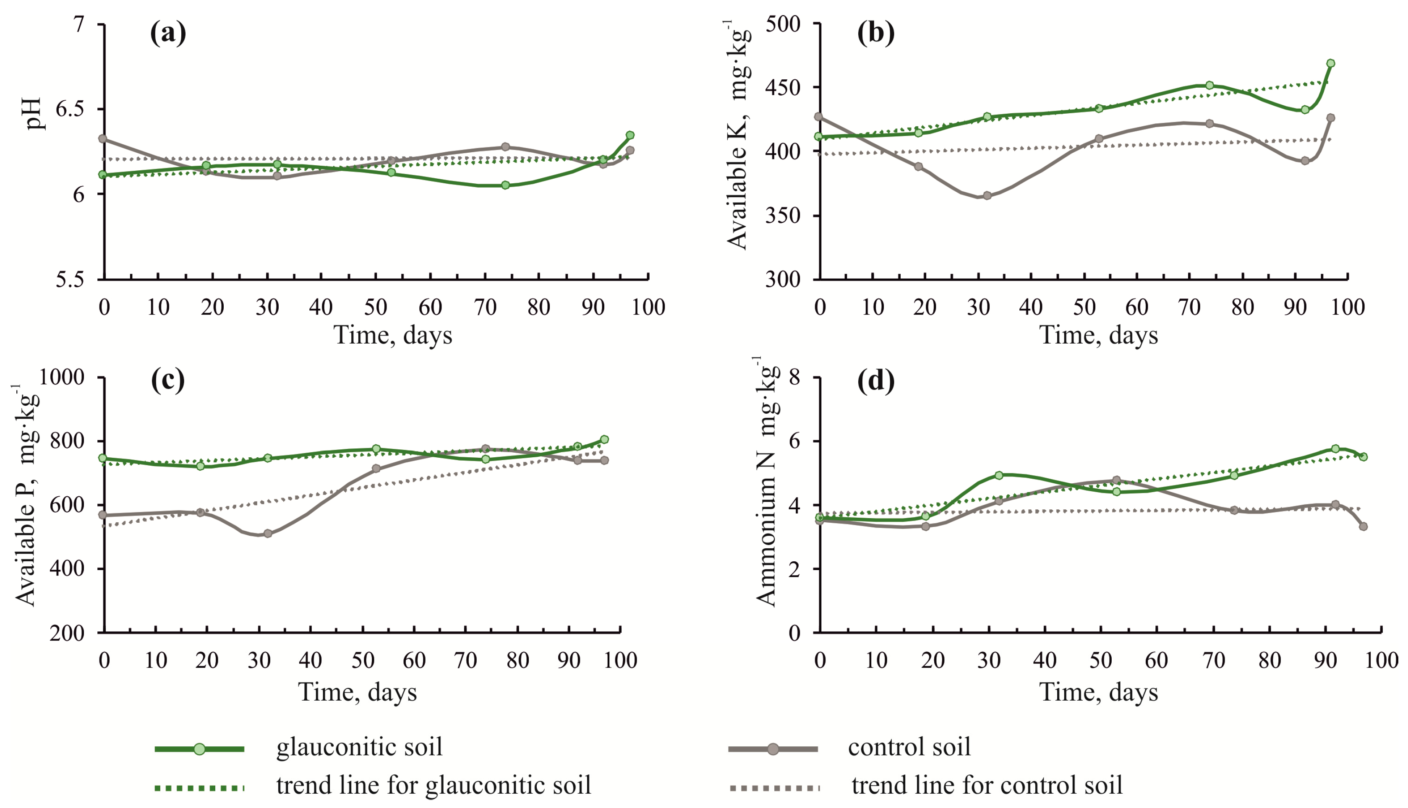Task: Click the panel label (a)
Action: [x=168, y=34]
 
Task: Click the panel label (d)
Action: [x=876, y=381]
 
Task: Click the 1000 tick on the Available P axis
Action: [x=62, y=378]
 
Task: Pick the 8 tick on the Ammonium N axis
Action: [x=795, y=378]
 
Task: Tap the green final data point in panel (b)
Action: [x=1330, y=63]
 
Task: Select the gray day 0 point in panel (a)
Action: [x=103, y=139]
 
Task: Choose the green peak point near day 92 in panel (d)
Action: [x=1335, y=448]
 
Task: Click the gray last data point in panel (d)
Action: [x=1363, y=526]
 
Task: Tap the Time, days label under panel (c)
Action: [x=358, y=692]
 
